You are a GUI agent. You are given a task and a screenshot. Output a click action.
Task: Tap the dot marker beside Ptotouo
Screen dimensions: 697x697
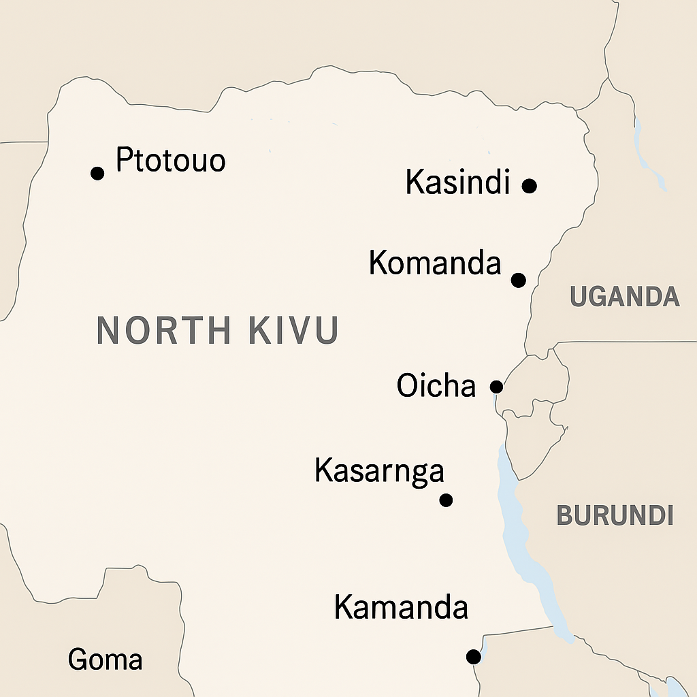97,173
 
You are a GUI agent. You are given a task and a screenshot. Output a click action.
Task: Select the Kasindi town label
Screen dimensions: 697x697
457,182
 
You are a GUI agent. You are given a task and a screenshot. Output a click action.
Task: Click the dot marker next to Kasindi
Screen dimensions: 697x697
530,185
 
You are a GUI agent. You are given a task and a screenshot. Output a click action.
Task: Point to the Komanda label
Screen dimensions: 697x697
435,263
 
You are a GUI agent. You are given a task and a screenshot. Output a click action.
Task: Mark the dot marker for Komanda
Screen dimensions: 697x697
519,280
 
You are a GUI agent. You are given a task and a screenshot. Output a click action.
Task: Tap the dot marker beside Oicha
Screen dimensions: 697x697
497,387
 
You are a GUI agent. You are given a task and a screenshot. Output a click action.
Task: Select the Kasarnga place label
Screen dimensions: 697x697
379,471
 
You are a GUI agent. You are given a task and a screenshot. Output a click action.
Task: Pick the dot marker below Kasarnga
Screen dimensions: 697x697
446,500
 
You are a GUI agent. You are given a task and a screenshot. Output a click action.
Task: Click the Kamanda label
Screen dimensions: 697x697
401,607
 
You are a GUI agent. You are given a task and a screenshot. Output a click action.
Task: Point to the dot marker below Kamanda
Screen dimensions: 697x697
473,657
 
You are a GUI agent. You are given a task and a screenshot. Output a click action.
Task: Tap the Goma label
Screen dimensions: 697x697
106,660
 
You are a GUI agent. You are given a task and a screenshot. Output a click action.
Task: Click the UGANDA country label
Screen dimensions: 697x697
624,297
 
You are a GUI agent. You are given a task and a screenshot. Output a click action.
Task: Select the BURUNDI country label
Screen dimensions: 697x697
615,515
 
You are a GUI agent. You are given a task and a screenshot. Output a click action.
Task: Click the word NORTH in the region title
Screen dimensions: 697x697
163,330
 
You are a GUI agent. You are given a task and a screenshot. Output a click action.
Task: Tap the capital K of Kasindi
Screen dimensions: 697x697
413,182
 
